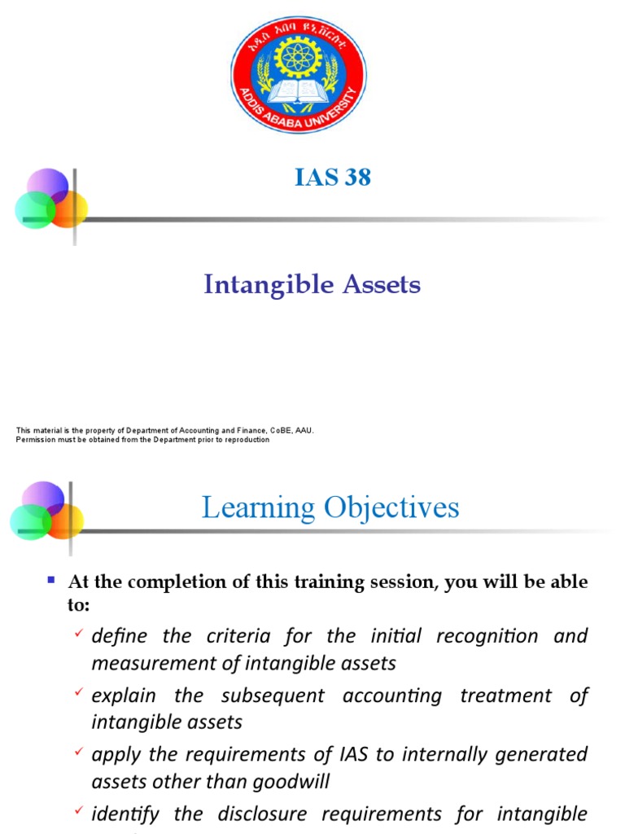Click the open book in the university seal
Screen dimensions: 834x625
pyautogui.click(x=298, y=92)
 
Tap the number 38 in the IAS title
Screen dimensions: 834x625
pyautogui.click(x=357, y=178)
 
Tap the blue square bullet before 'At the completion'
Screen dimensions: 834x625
pyautogui.click(x=50, y=580)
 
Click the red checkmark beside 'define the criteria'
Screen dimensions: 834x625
pyautogui.click(x=78, y=633)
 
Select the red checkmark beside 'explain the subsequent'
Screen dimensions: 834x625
pyautogui.click(x=78, y=692)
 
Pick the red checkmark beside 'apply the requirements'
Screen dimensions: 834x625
pyautogui.click(x=78, y=752)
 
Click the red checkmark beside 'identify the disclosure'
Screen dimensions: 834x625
pyautogui.click(x=78, y=811)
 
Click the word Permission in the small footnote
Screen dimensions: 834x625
pyautogui.click(x=35, y=440)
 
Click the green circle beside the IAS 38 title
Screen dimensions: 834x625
pyautogui.click(x=34, y=210)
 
